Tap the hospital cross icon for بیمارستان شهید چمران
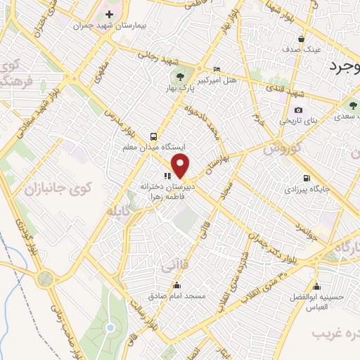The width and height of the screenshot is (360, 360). (109, 14)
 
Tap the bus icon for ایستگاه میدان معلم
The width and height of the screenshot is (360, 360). (154, 136)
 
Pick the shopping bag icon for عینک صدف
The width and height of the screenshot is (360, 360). (302, 39)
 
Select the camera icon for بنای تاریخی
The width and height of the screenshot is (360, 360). (299, 110)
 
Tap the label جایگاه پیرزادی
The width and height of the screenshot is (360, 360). (302, 190)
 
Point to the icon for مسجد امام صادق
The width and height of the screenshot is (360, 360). (176, 285)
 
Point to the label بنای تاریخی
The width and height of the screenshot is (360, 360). (300, 121)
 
